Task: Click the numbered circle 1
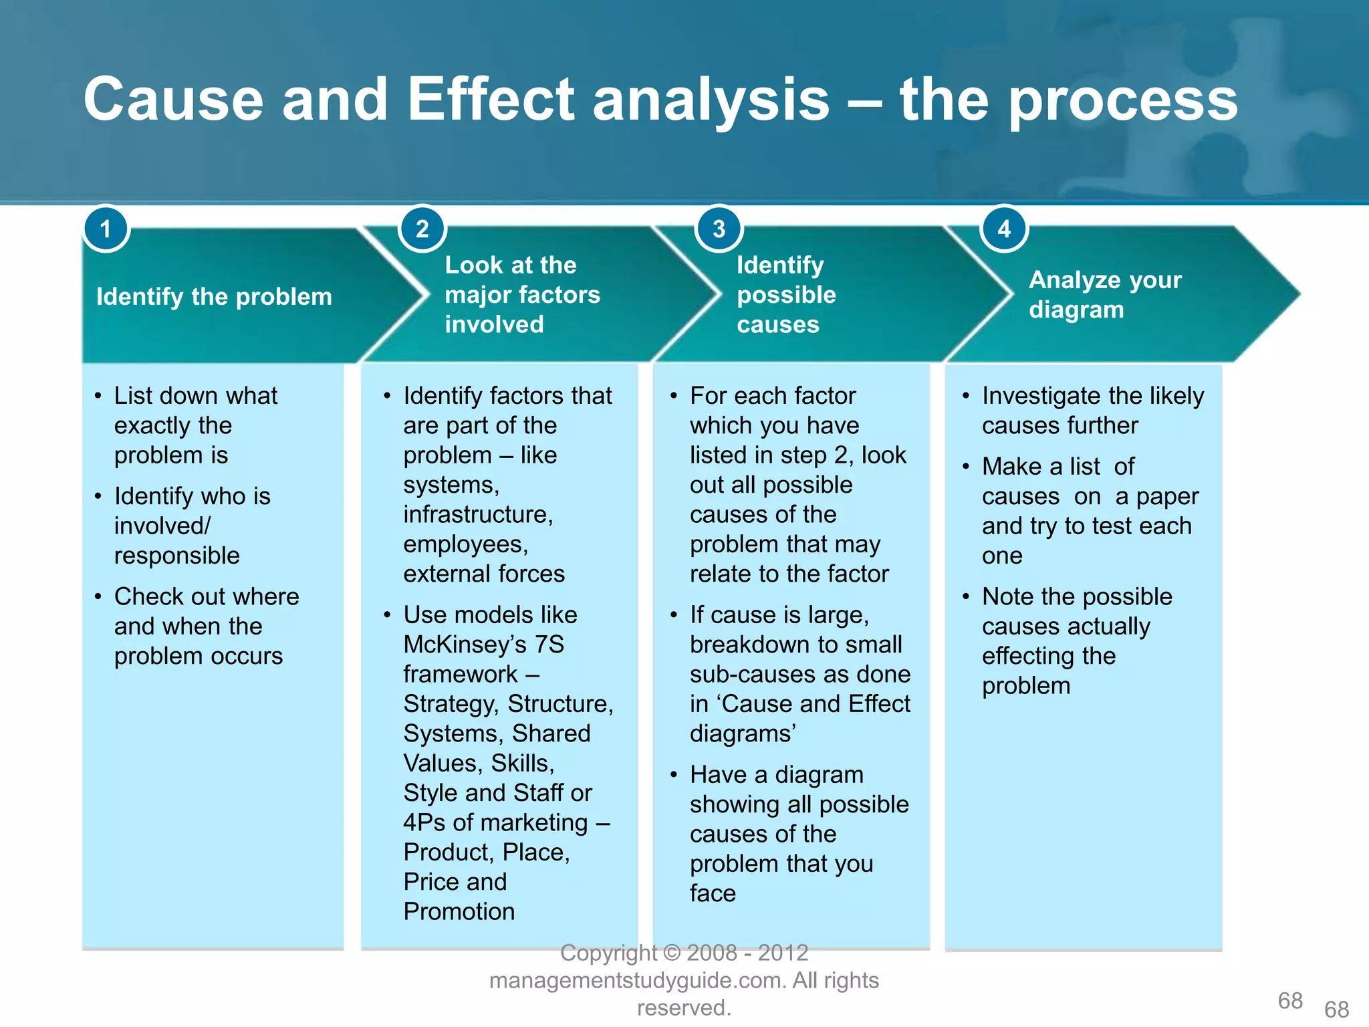(106, 229)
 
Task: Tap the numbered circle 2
(422, 229)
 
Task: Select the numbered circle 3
(719, 229)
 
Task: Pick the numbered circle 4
(1003, 229)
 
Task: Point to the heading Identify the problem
(214, 296)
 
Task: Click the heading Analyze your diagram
(1105, 294)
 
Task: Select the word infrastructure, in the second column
(478, 514)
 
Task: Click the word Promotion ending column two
(459, 911)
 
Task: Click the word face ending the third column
(713, 893)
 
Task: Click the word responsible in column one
(176, 556)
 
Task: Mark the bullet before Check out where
(98, 596)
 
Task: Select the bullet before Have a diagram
(674, 775)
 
